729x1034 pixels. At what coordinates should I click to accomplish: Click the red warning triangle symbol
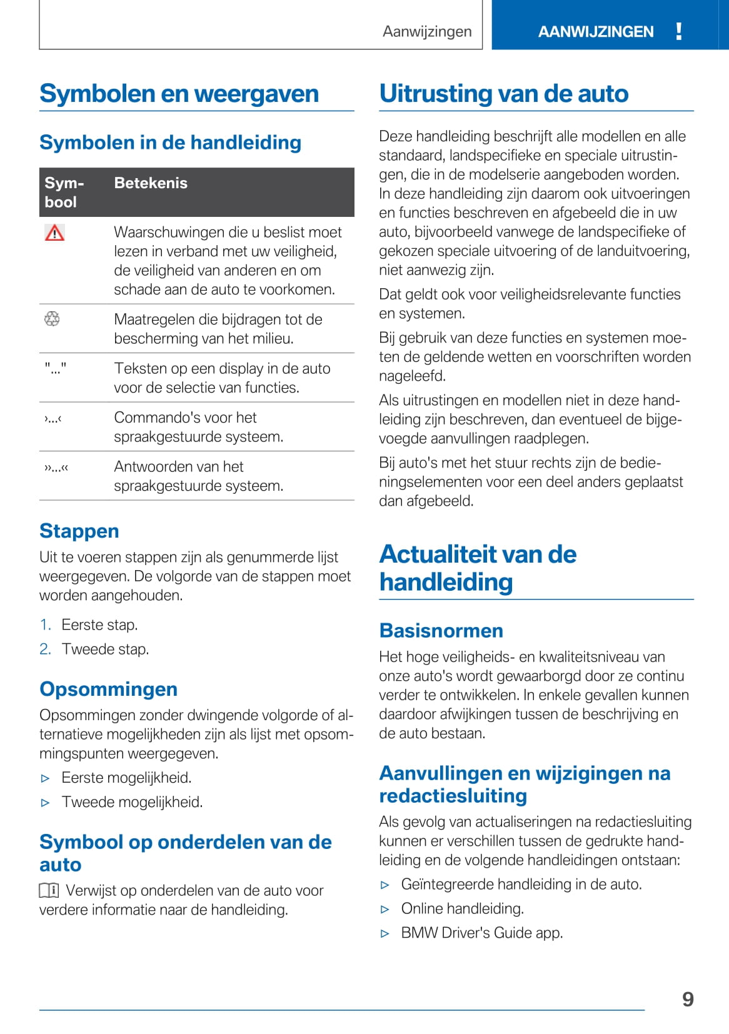click(55, 233)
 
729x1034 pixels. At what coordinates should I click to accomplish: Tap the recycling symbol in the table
click(52, 319)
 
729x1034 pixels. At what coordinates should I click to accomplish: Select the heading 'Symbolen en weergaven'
click(179, 94)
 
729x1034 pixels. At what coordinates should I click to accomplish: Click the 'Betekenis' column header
click(151, 183)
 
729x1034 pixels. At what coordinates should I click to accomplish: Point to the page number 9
click(688, 999)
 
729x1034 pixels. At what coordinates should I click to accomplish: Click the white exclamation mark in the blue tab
click(679, 31)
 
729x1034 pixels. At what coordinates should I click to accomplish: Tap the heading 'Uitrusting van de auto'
click(503, 94)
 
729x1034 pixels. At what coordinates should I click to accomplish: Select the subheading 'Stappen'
click(79, 531)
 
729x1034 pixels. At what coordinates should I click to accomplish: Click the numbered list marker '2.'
click(45, 649)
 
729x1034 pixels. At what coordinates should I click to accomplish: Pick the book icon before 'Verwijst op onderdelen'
click(49, 890)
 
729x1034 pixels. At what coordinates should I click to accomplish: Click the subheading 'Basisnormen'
click(441, 630)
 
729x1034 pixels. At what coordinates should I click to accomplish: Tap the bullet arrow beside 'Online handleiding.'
click(385, 909)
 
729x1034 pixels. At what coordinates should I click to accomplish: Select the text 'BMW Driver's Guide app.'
click(481, 933)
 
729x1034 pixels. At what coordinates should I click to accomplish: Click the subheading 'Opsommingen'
click(108, 689)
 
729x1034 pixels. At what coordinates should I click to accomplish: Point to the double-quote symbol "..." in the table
click(55, 369)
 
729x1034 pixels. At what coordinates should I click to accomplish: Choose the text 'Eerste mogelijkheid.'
click(126, 778)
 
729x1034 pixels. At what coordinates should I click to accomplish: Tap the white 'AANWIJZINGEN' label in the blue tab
click(595, 31)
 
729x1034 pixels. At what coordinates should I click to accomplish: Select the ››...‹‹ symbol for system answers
click(56, 467)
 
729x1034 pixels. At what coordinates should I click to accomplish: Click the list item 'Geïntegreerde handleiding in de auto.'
click(521, 884)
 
